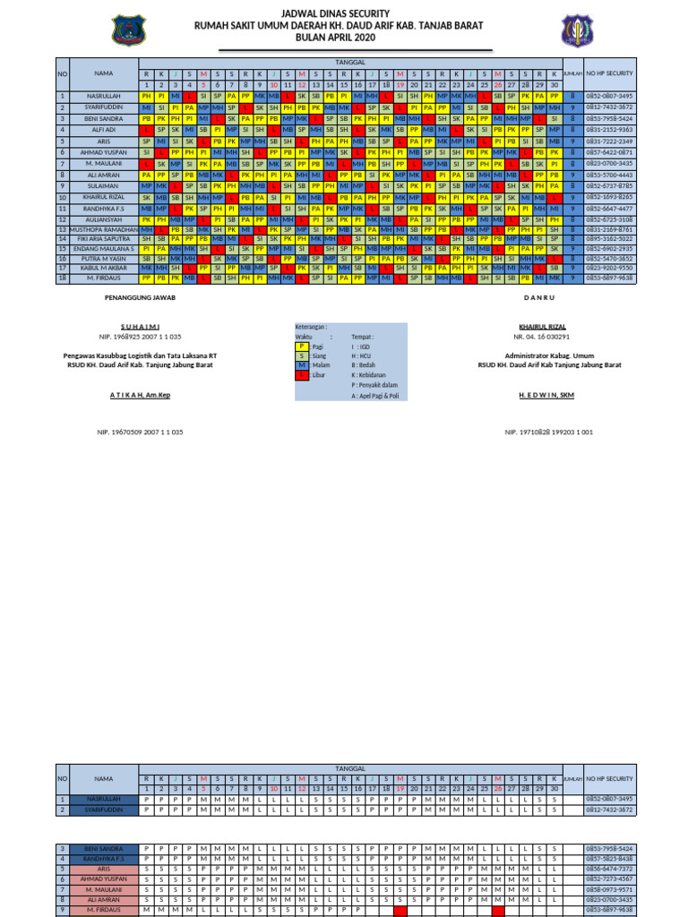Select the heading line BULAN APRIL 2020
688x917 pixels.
coord(343,40)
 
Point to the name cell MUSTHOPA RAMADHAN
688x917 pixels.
coord(103,230)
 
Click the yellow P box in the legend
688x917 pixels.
coord(302,346)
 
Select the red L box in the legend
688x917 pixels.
coord(302,375)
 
